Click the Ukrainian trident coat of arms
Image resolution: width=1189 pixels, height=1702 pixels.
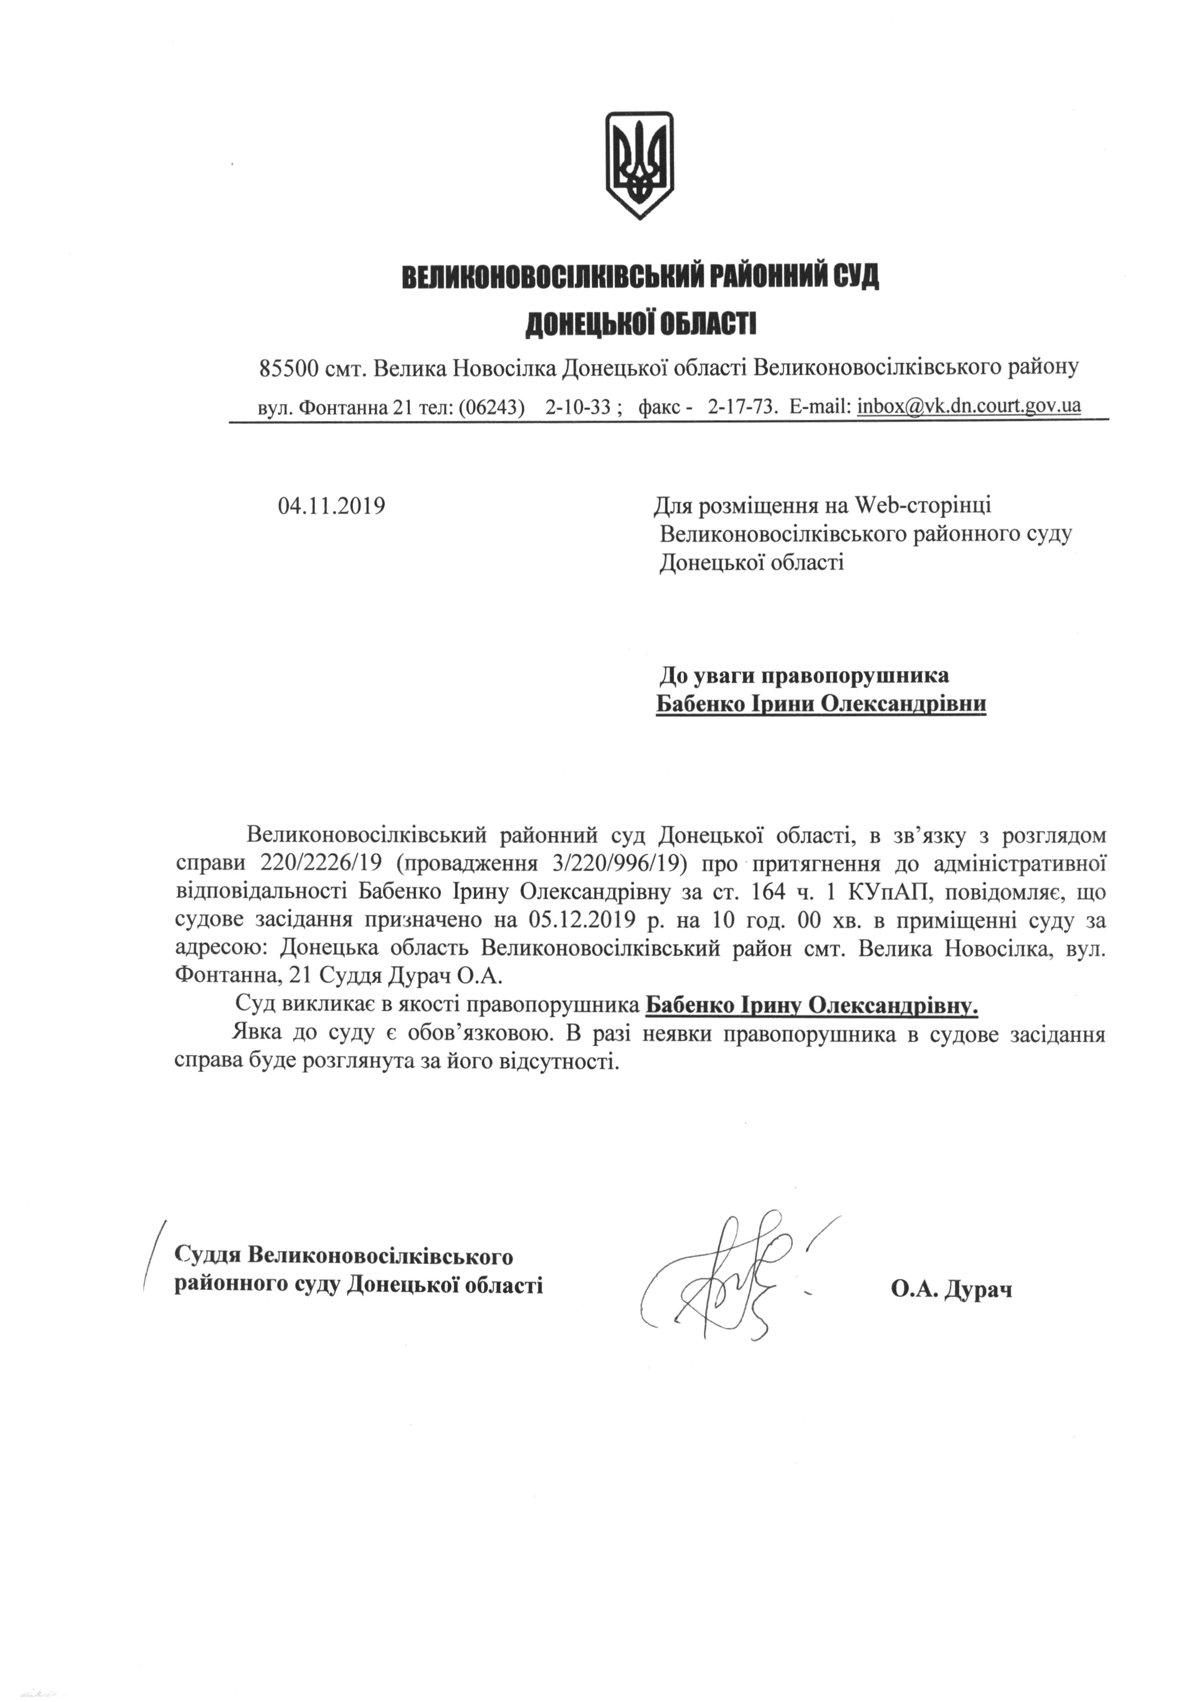coord(639,164)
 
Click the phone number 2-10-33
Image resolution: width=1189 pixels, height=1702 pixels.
coord(577,406)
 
